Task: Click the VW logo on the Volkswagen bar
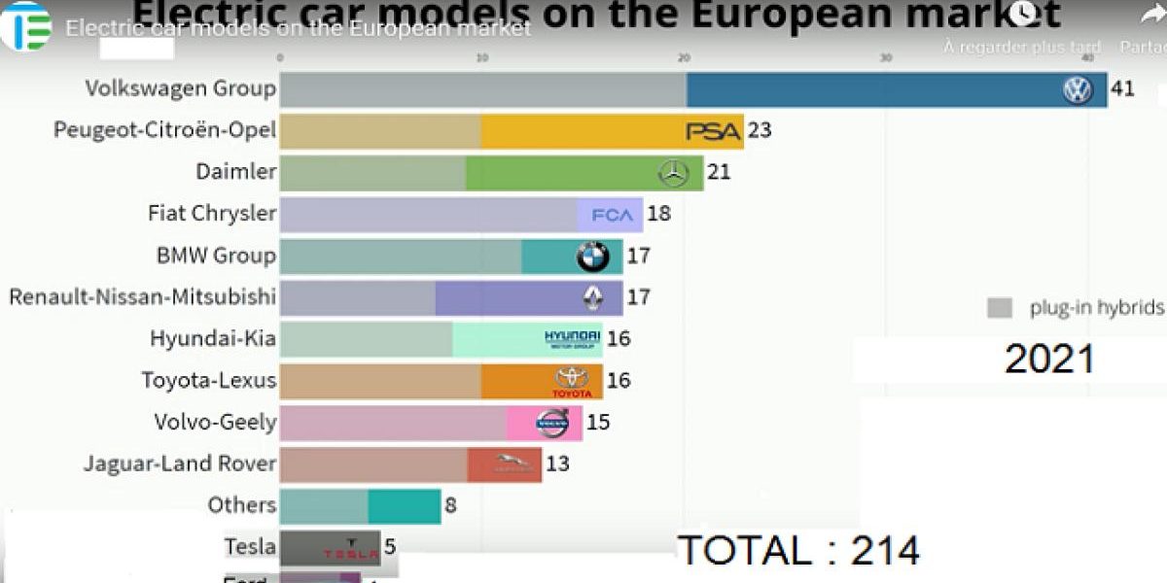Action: [1077, 90]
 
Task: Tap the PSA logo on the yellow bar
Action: [714, 131]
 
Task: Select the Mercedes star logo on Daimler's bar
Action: [673, 174]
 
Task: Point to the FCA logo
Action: [612, 215]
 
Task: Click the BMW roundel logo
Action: [592, 257]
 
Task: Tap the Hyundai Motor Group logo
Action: [573, 339]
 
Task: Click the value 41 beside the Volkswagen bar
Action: [1123, 88]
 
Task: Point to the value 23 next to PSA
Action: [760, 130]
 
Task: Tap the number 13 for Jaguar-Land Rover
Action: [557, 463]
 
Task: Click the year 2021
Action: [1049, 360]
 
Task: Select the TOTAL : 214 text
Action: [798, 551]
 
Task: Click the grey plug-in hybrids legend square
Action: [1000, 308]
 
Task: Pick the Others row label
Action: [242, 505]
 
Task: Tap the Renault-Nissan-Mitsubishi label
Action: [142, 296]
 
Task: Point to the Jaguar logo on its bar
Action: [514, 464]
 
